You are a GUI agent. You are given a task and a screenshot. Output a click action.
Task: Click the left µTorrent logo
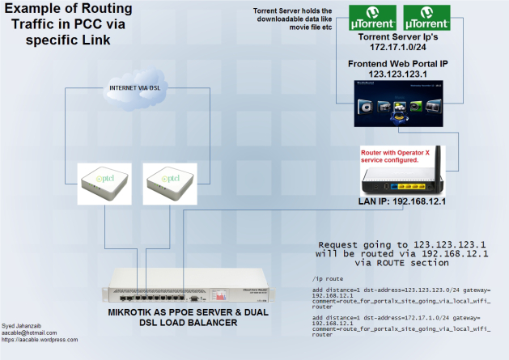click(x=373, y=15)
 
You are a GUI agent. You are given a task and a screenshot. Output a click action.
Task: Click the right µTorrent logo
click(x=427, y=15)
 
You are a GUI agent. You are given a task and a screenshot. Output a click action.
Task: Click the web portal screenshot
click(x=400, y=104)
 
